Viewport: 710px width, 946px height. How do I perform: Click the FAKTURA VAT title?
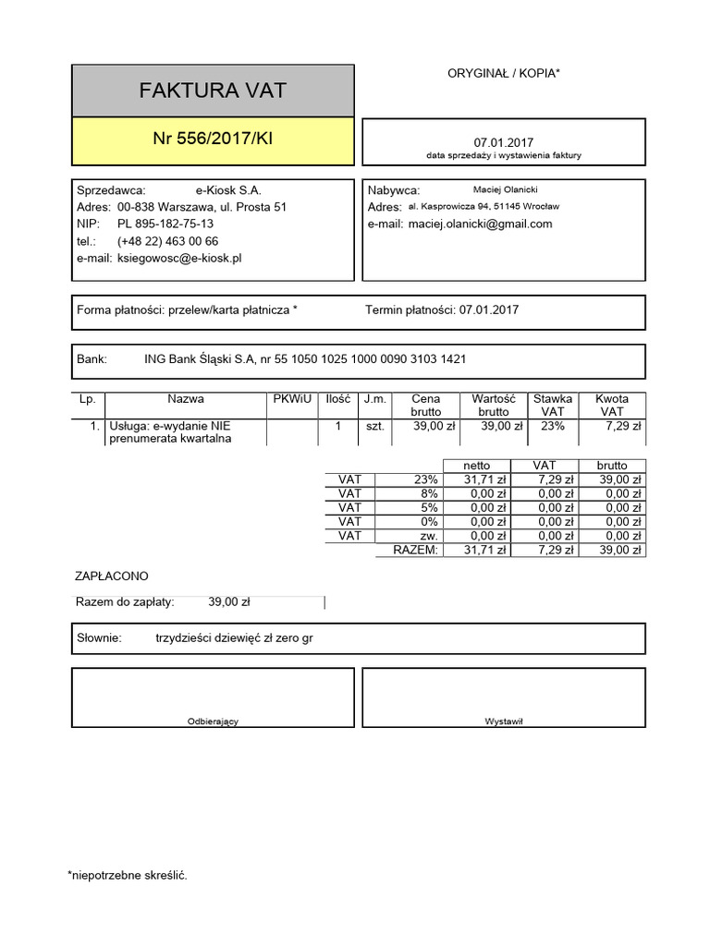[x=213, y=91]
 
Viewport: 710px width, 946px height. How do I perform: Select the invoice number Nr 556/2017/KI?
[x=213, y=139]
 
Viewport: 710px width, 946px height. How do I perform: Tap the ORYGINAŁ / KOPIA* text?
[x=503, y=72]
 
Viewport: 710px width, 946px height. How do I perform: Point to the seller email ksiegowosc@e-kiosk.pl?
[x=179, y=259]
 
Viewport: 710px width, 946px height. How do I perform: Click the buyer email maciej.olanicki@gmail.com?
[x=480, y=224]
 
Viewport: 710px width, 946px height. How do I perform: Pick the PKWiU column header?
[x=292, y=399]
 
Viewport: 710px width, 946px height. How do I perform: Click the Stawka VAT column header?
[x=553, y=405]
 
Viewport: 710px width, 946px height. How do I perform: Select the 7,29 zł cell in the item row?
[x=623, y=427]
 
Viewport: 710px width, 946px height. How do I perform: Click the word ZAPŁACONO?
[x=111, y=576]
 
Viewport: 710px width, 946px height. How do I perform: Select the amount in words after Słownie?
[x=235, y=637]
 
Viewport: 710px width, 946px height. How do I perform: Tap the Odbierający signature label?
[x=213, y=722]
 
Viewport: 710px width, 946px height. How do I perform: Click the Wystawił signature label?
[x=504, y=722]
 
